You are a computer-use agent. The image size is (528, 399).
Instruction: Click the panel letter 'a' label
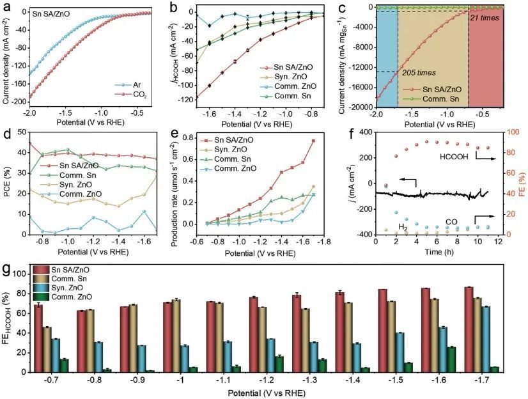click(7, 8)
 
